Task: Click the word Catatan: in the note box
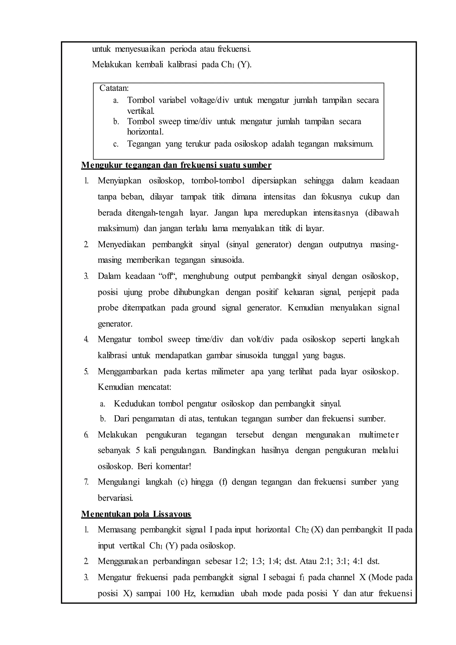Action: [x=114, y=88]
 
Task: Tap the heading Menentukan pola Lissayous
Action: [x=136, y=514]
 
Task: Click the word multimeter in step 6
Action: [x=379, y=435]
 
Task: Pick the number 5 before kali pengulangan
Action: [x=138, y=450]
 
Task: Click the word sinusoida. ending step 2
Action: [x=227, y=260]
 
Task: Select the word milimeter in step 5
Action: [x=228, y=372]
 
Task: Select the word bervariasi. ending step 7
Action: [x=115, y=498]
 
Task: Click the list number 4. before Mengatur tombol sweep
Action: [x=86, y=340]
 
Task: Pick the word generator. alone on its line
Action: [x=115, y=324]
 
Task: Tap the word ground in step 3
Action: [x=204, y=308]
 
